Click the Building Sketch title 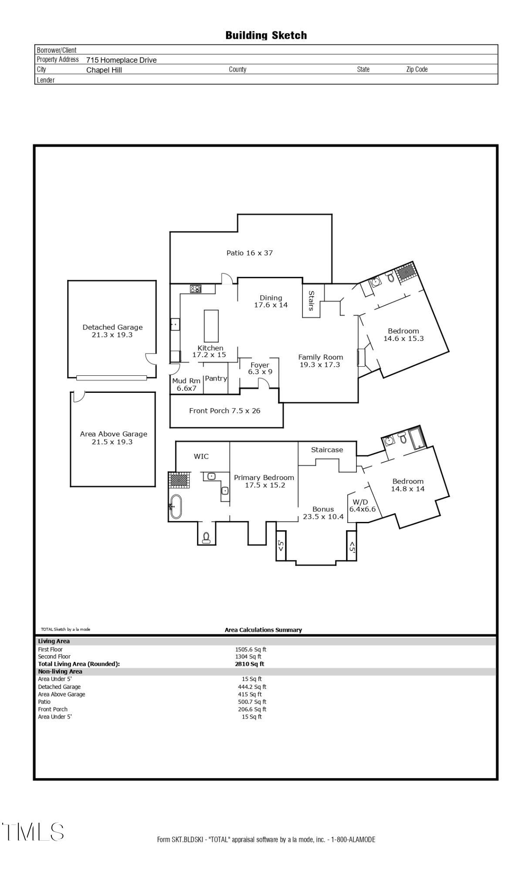coord(266,35)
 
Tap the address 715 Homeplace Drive coord(121,60)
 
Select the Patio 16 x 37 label coord(249,253)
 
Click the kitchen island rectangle coord(211,326)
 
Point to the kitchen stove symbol coord(196,289)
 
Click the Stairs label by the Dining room coord(311,301)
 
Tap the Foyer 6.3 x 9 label coord(260,368)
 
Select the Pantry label coord(216,378)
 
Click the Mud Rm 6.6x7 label coord(186,385)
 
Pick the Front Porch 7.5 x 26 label coord(224,411)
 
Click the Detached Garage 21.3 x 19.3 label coord(112,331)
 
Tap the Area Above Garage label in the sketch coord(113,438)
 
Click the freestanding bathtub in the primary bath coord(176,506)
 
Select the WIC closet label coord(201,456)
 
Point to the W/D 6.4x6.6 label coord(362,506)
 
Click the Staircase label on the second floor coord(327,450)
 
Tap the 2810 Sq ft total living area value coord(249,664)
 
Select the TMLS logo coord(33,831)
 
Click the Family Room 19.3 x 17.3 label coord(320,361)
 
